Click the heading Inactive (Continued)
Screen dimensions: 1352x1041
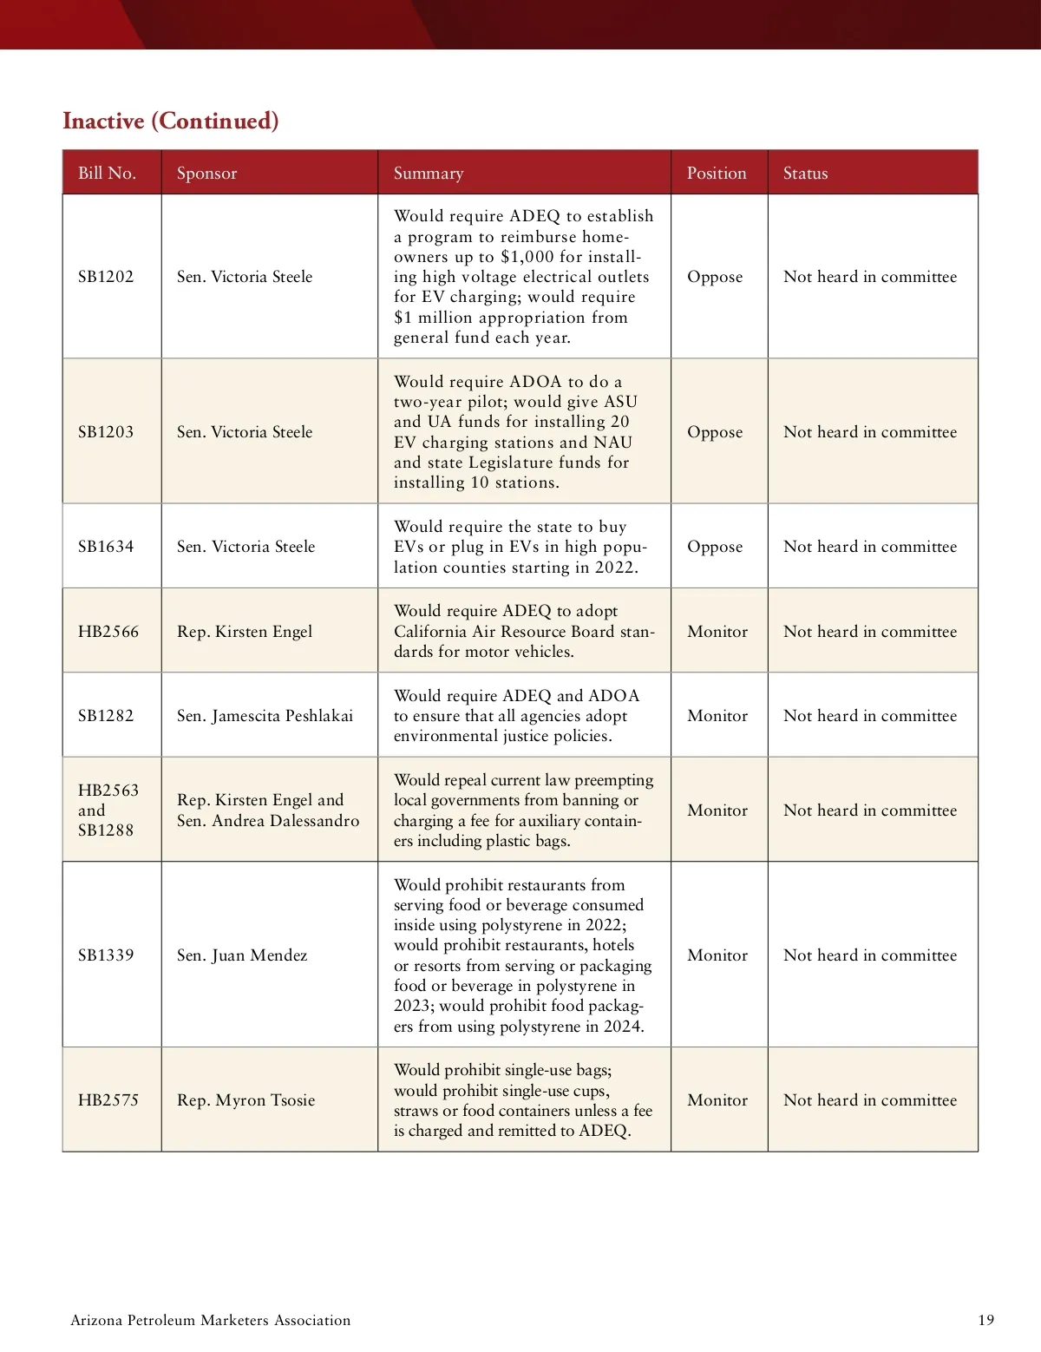171,121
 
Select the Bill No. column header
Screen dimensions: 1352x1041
107,173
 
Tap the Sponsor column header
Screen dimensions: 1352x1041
206,173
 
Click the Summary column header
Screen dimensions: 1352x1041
429,173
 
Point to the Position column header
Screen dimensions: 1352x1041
717,173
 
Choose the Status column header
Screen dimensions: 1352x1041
805,173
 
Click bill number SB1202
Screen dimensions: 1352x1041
106,277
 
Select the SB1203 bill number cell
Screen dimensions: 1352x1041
106,432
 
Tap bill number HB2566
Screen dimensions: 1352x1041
108,632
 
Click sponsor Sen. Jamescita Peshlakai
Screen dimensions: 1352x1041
265,716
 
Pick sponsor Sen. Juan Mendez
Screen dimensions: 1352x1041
242,955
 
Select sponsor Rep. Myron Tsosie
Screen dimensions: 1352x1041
246,1100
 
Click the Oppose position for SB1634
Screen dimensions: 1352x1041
715,547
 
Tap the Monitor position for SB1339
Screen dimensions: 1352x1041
717,955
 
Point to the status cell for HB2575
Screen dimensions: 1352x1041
870,1100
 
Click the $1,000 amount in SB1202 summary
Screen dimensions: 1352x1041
528,257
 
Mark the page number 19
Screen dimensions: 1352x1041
985,1320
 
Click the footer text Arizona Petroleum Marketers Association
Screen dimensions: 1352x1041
211,1320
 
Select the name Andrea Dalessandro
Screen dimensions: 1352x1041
285,821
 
